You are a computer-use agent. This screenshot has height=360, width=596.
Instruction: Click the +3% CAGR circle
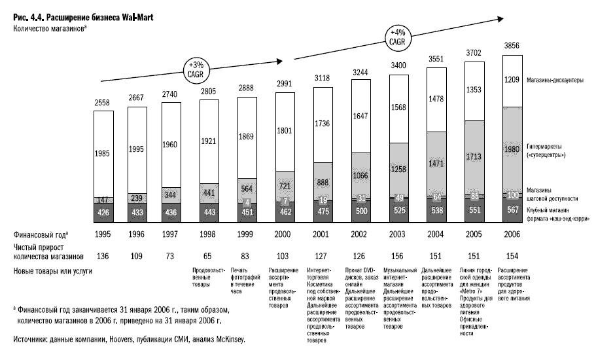click(197, 69)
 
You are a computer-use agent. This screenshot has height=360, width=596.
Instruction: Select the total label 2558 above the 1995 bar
click(103, 103)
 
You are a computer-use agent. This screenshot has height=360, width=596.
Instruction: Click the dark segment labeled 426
click(103, 213)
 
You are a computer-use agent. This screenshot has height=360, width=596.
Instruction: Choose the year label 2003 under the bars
click(399, 234)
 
